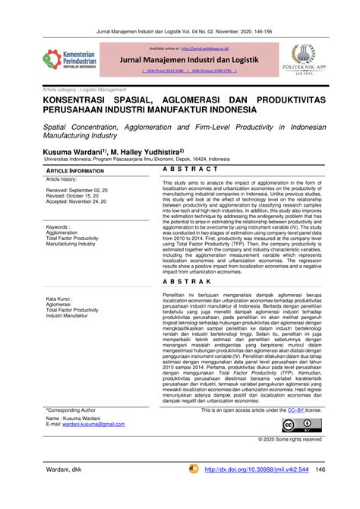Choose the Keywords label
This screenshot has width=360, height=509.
[x=62, y=226]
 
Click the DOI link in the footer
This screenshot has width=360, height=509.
[x=254, y=490]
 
